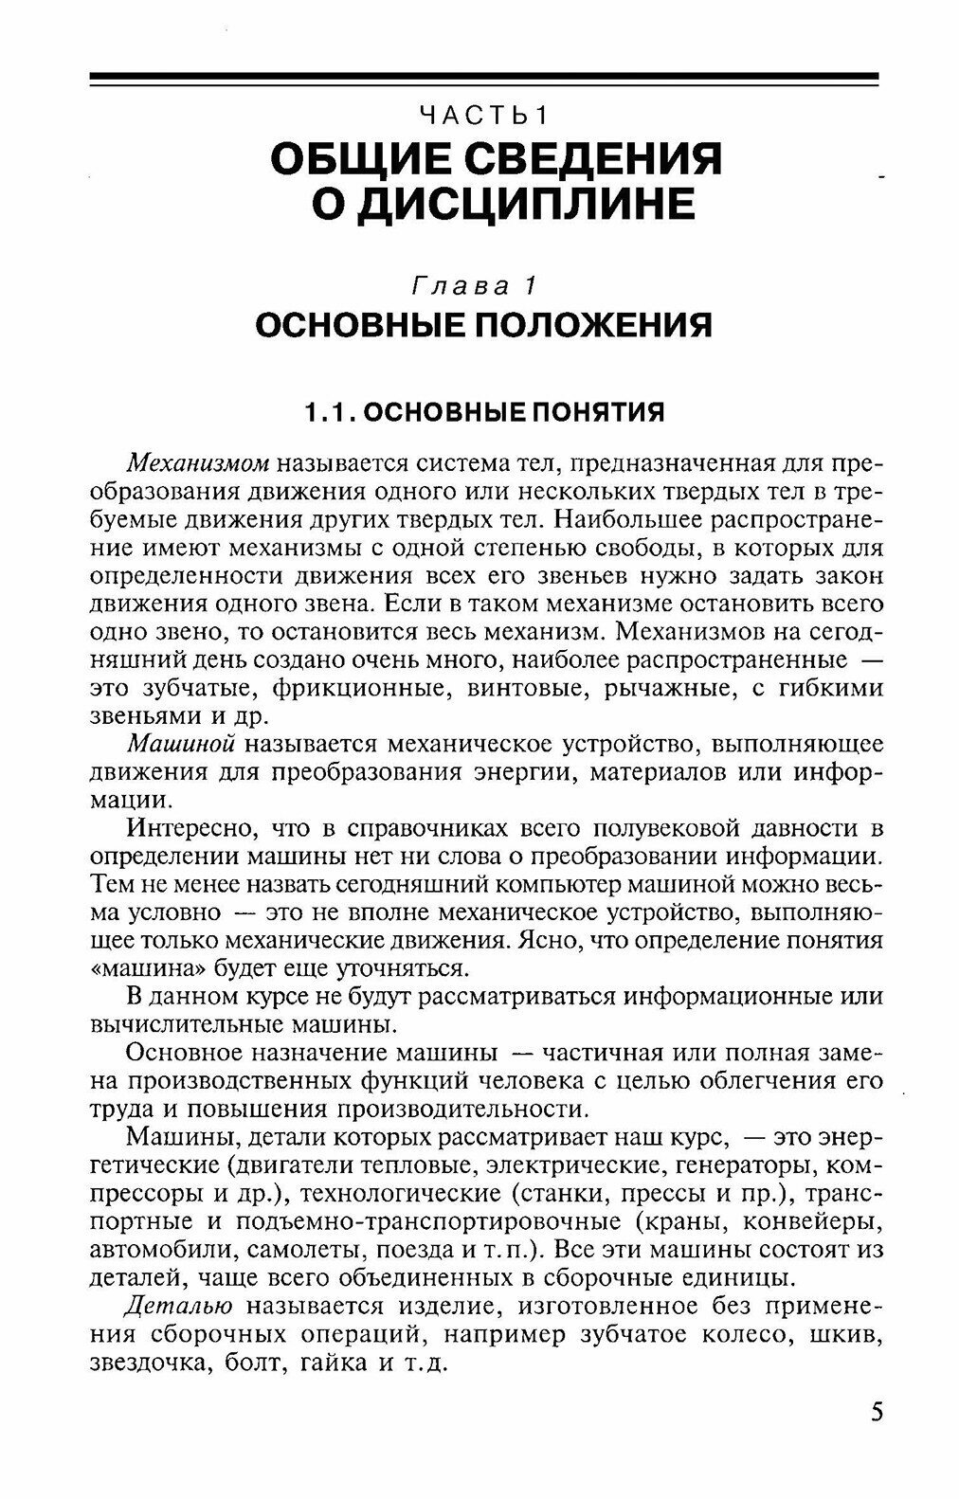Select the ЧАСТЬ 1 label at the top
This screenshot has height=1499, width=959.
(x=483, y=117)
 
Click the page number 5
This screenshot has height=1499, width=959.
(x=876, y=1413)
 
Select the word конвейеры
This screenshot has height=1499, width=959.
(x=810, y=1219)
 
